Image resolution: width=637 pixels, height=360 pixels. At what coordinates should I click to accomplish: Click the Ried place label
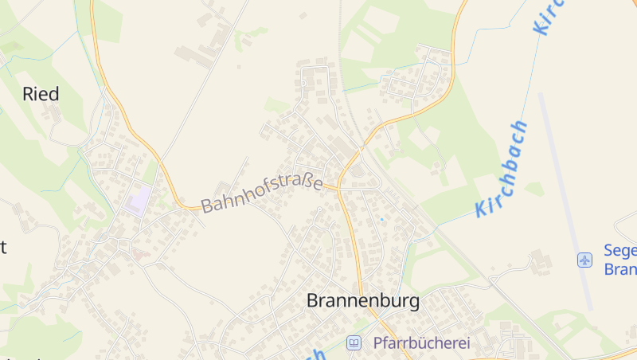pos(41,94)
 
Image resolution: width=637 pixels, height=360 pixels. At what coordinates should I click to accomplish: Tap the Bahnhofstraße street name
pos(261,194)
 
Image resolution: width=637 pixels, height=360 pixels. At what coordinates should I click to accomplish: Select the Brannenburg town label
pos(362,301)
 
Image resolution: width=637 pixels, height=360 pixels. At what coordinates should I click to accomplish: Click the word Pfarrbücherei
pos(422,343)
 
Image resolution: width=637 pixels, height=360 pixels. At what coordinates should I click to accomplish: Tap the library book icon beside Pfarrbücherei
pos(354,343)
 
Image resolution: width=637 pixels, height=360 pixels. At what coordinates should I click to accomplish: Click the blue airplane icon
pos(585,260)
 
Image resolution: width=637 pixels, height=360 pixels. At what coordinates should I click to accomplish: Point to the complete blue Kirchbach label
pos(502,169)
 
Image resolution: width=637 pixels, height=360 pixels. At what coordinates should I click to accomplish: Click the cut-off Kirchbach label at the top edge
pos(549,16)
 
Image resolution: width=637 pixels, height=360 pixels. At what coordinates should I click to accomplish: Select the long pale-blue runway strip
pos(565,199)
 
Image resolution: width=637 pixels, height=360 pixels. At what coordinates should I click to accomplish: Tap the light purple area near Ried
pos(138,199)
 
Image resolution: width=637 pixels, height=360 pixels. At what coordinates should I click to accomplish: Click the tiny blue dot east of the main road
pos(381,219)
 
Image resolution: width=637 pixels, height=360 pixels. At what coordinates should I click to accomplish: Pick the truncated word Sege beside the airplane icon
pos(620,251)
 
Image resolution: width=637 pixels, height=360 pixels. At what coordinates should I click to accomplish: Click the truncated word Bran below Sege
pos(620,269)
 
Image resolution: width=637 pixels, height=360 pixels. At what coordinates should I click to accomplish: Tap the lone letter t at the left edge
pos(3,246)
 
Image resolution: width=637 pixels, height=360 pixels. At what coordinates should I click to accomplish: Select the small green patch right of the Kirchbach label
pos(534,189)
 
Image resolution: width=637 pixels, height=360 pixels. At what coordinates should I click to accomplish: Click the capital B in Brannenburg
pos(313,301)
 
